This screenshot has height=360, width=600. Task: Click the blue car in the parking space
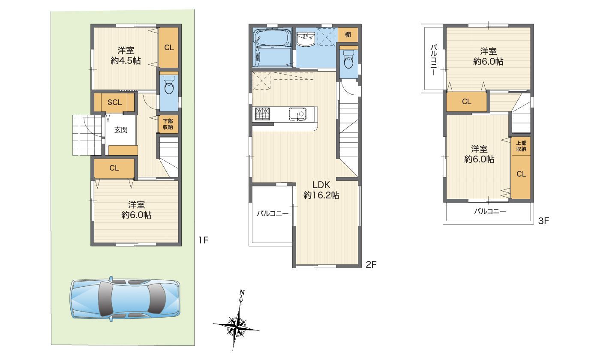(x=125, y=299)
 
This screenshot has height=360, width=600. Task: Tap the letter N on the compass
(x=242, y=292)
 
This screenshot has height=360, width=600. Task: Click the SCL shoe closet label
(x=115, y=102)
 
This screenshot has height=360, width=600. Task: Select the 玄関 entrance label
(x=121, y=130)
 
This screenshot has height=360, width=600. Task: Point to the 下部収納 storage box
(x=168, y=124)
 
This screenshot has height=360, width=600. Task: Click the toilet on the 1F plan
(x=169, y=85)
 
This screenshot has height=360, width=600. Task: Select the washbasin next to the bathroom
(x=306, y=39)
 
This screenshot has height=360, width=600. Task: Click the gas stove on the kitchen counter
(x=262, y=114)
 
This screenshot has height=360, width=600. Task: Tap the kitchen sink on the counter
(x=297, y=114)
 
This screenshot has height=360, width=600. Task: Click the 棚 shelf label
(x=348, y=35)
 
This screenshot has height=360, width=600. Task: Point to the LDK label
(x=321, y=185)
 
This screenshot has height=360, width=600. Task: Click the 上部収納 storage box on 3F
(x=521, y=146)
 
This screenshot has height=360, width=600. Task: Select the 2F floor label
(x=371, y=265)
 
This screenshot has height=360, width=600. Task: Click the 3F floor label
(x=543, y=221)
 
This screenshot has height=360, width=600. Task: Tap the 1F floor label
(x=203, y=240)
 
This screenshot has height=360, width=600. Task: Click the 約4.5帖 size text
(x=126, y=61)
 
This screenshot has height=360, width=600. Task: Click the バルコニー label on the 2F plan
(x=273, y=213)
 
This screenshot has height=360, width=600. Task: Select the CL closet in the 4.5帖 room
(x=168, y=48)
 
